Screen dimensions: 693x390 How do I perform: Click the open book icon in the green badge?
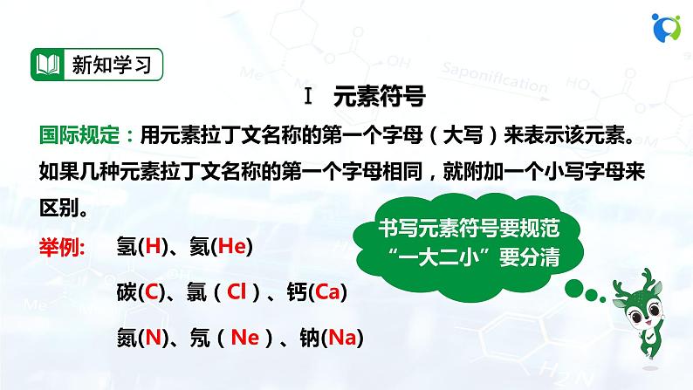[48, 65]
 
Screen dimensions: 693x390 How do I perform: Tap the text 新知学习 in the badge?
[112, 65]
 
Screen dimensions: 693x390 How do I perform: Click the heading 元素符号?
[380, 96]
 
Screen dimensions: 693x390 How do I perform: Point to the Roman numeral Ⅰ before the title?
[308, 96]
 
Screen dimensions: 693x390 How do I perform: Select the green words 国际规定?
[79, 134]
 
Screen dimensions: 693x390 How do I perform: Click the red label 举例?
[62, 246]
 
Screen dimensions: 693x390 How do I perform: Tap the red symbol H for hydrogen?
[153, 246]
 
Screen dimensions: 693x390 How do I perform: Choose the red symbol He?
[231, 246]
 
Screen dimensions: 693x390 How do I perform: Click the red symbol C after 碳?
[152, 292]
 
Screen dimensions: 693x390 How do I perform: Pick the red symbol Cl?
[237, 292]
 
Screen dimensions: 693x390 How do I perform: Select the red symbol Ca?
[327, 292]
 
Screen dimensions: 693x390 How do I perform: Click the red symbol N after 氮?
[154, 338]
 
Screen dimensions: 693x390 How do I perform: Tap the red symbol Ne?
[245, 338]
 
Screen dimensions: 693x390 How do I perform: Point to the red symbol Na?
[342, 338]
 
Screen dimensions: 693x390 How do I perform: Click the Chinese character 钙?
[297, 292]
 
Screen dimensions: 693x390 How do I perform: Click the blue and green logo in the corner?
[666, 27]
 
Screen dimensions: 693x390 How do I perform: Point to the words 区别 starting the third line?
[59, 208]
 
